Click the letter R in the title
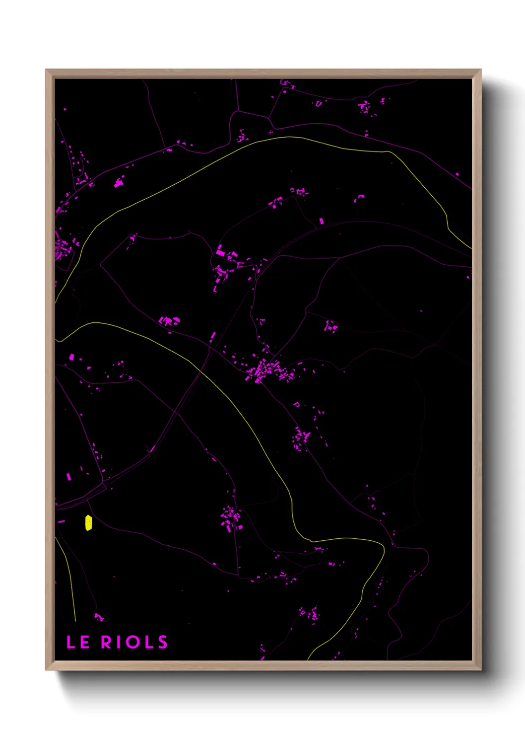(x=107, y=642)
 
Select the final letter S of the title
(x=163, y=642)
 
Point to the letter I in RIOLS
(x=119, y=642)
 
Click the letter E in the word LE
(x=84, y=642)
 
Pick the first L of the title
(x=71, y=642)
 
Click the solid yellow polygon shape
(x=88, y=523)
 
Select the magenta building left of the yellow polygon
(x=62, y=521)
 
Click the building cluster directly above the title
(x=99, y=617)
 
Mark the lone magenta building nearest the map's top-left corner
(x=65, y=109)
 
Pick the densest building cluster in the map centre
(x=265, y=370)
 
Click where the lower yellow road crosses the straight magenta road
(x=200, y=370)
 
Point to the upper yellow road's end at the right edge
(x=470, y=247)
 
